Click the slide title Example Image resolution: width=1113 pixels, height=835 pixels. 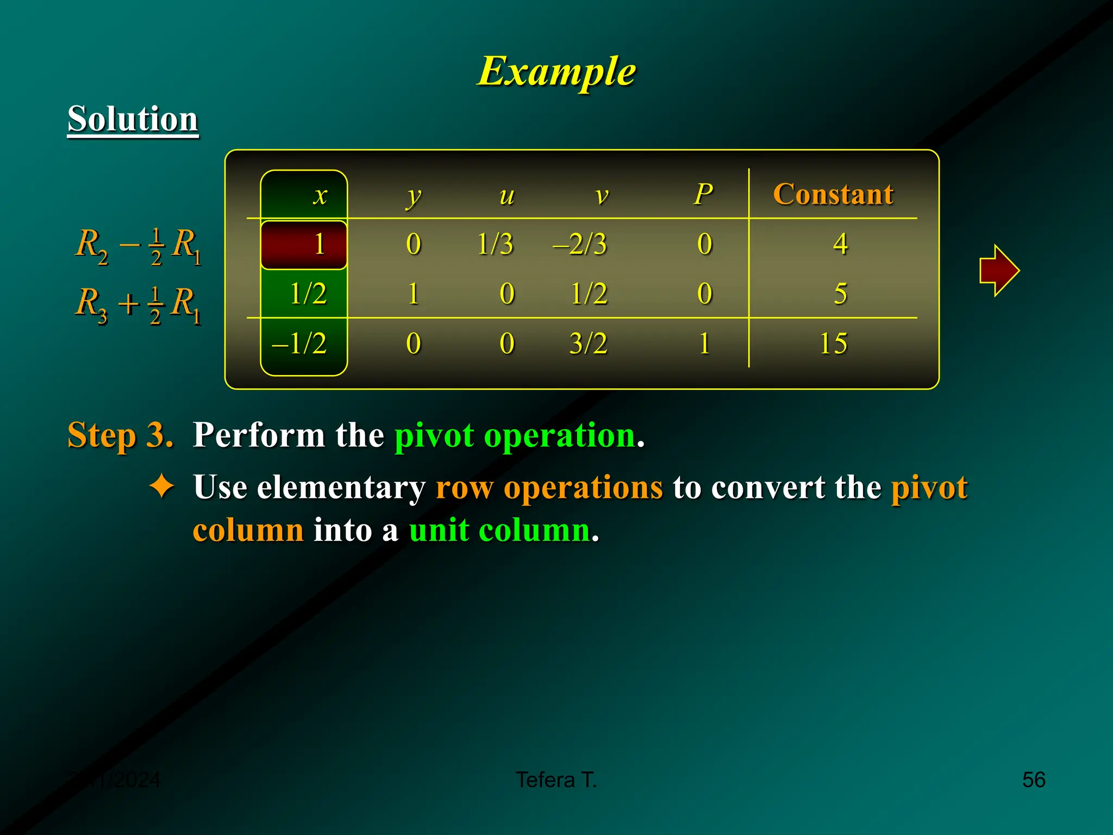(x=556, y=72)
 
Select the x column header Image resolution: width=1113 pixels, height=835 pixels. (x=321, y=195)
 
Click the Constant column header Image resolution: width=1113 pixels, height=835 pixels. (x=833, y=194)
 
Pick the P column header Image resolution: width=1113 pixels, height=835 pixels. (x=703, y=194)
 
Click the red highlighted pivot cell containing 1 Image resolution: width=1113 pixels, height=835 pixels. (x=304, y=244)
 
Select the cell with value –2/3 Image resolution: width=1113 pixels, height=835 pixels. (x=579, y=244)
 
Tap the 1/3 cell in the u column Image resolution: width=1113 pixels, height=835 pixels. (x=495, y=244)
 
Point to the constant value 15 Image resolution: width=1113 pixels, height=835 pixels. (x=833, y=344)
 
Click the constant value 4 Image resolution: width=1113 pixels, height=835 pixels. (x=840, y=244)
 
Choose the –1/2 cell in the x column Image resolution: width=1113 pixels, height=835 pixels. (x=299, y=344)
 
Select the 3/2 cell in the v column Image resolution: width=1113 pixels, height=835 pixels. (x=588, y=344)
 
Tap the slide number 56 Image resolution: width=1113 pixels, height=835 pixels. (x=1033, y=780)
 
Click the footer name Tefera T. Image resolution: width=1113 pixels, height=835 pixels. (x=556, y=780)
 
